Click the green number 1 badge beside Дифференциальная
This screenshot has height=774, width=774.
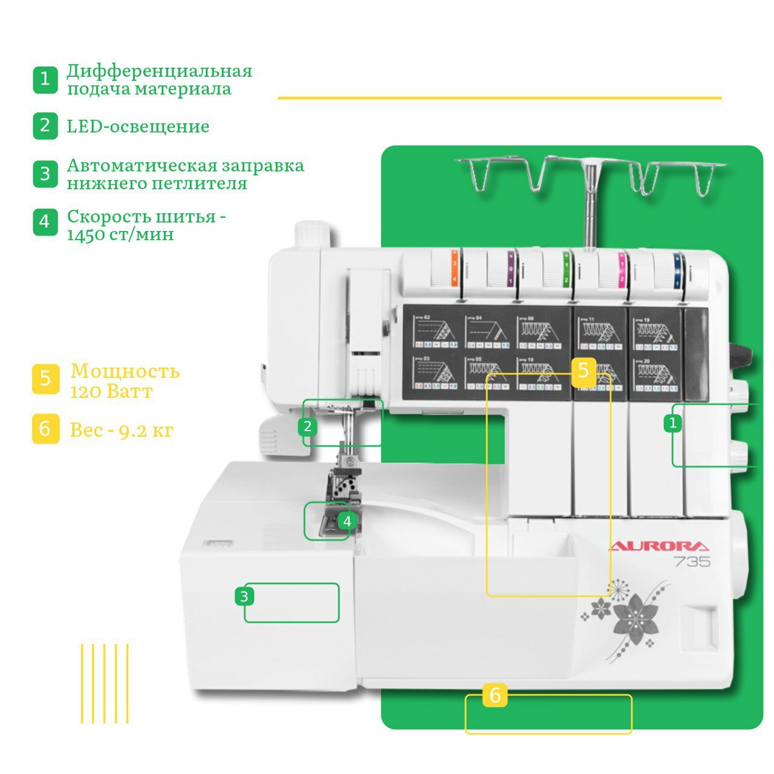pyautogui.click(x=45, y=80)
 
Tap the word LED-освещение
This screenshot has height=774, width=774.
pyautogui.click(x=138, y=126)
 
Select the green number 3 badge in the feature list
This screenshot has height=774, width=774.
pyautogui.click(x=45, y=174)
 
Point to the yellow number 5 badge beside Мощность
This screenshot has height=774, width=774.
pyautogui.click(x=45, y=379)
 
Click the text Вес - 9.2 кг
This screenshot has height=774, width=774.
pyautogui.click(x=122, y=430)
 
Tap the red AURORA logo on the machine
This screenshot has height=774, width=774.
pyautogui.click(x=659, y=547)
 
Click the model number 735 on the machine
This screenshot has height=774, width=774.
pyautogui.click(x=692, y=562)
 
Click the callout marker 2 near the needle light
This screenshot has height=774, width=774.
pyautogui.click(x=308, y=427)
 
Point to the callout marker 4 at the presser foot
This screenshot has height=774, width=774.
pyautogui.click(x=346, y=521)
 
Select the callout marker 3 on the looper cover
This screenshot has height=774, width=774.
pyautogui.click(x=244, y=597)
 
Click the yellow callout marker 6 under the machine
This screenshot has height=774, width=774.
pyautogui.click(x=495, y=696)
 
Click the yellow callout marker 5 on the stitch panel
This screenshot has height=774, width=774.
pyautogui.click(x=583, y=370)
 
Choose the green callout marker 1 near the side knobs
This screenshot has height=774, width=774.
pyautogui.click(x=672, y=423)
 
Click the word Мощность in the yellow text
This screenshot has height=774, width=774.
pyautogui.click(x=125, y=371)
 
